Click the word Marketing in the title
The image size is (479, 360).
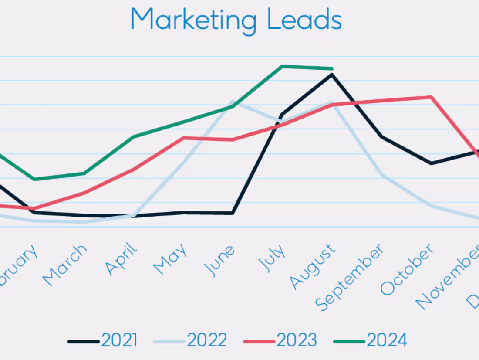click(x=193, y=20)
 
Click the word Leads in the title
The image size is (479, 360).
click(x=304, y=20)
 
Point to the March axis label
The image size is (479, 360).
click(x=65, y=265)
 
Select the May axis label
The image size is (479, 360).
click(x=171, y=259)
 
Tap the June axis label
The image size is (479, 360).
click(x=220, y=260)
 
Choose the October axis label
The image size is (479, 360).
click(x=407, y=269)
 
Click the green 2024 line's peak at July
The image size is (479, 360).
click(x=282, y=66)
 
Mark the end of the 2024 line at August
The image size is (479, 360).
click(x=332, y=68)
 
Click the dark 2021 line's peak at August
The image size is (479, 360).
click(x=332, y=75)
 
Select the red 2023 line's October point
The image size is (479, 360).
click(x=431, y=97)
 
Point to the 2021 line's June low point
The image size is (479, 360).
click(x=233, y=213)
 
